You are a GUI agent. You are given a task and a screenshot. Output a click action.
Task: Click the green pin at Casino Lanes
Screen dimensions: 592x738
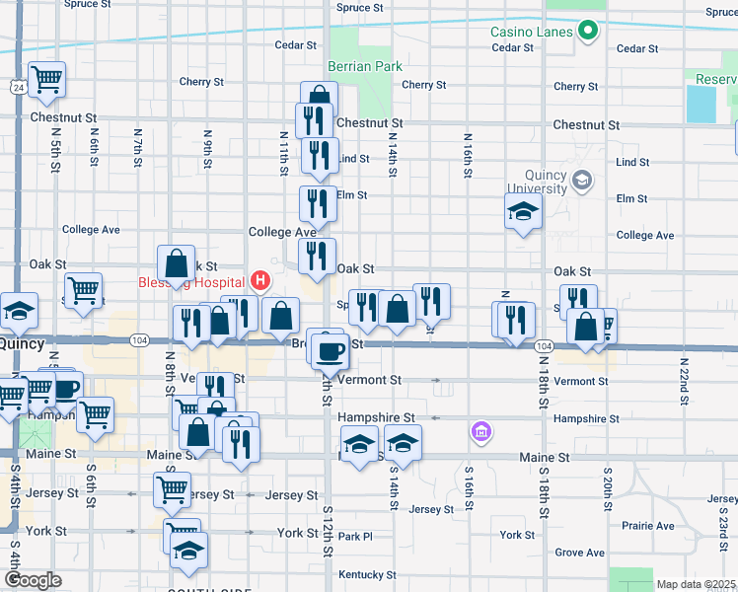click(x=588, y=31)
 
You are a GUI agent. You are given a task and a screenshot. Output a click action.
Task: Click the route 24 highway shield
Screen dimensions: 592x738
click(x=19, y=88)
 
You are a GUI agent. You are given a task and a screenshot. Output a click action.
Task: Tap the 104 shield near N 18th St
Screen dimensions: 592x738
click(x=544, y=346)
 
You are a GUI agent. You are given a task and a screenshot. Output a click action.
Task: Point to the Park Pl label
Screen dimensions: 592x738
click(x=354, y=537)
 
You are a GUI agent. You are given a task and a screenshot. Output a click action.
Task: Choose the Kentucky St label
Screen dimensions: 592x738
click(x=360, y=574)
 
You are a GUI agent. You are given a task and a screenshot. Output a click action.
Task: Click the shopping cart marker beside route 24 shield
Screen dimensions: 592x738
click(x=46, y=80)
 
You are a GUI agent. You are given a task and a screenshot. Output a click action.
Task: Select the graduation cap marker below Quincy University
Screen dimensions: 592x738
click(x=523, y=211)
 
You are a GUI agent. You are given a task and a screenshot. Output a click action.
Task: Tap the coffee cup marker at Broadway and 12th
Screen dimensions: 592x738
click(x=330, y=348)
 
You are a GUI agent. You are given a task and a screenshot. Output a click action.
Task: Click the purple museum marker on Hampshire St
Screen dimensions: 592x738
click(x=480, y=430)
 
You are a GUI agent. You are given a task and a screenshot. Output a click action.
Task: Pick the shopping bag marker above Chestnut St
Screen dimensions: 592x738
click(x=319, y=98)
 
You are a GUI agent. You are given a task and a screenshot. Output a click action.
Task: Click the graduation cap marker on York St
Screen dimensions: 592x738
click(x=184, y=553)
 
